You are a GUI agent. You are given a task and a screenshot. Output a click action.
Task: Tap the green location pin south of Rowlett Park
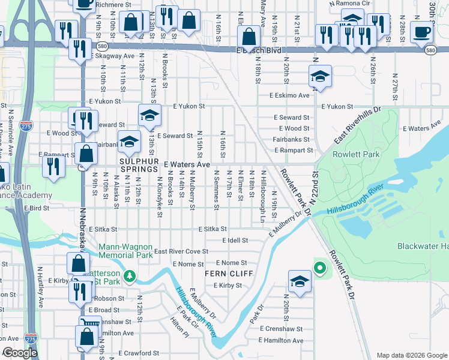coord(319,268)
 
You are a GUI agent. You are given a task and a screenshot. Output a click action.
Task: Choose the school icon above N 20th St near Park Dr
coord(299,280)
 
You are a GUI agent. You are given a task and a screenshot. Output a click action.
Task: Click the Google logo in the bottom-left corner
coord(20,353)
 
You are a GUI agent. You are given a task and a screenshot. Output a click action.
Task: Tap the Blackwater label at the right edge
coord(423,246)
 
